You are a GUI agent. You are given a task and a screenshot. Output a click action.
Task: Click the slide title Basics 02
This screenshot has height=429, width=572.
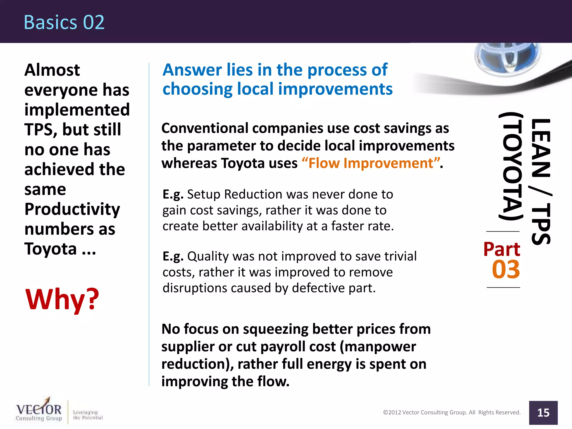pyautogui.click(x=64, y=22)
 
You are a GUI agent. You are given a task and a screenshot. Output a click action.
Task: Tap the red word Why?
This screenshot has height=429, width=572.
pyautogui.click(x=62, y=299)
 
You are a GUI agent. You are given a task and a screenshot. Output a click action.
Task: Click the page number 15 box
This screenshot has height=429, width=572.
pyautogui.click(x=543, y=413)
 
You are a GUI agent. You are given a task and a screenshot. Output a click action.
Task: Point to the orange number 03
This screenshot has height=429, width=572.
pyautogui.click(x=506, y=270)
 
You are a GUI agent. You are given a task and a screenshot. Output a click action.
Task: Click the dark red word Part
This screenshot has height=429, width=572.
pyautogui.click(x=502, y=249)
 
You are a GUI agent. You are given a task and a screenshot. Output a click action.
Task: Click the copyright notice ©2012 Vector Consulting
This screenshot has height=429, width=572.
pyautogui.click(x=452, y=413)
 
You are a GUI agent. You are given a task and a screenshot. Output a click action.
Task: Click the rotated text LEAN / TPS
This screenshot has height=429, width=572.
pyautogui.click(x=541, y=182)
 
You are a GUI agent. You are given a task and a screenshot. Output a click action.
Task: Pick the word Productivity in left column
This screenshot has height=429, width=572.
pyautogui.click(x=72, y=209)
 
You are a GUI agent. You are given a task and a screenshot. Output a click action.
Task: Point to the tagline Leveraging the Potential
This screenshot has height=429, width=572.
pyautogui.click(x=88, y=415)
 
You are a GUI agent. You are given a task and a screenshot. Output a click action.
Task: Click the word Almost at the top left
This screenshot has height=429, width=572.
pyautogui.click(x=52, y=70)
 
